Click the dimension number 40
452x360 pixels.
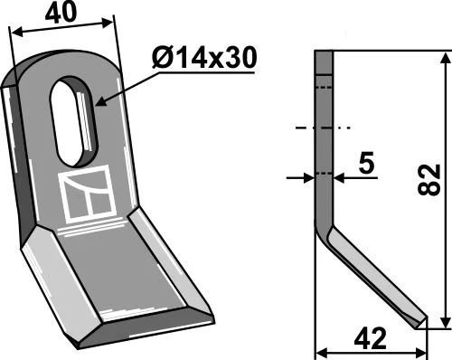click(x=61, y=13)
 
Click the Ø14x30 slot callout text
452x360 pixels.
click(x=204, y=57)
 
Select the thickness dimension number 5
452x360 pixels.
click(x=366, y=163)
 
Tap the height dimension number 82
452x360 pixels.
click(x=429, y=180)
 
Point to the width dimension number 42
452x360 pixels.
click(x=371, y=338)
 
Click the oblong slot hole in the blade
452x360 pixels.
click(x=73, y=120)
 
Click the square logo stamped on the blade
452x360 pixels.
click(x=88, y=194)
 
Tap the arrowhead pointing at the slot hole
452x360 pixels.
click(x=101, y=102)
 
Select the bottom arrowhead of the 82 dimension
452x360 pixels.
click(x=446, y=322)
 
